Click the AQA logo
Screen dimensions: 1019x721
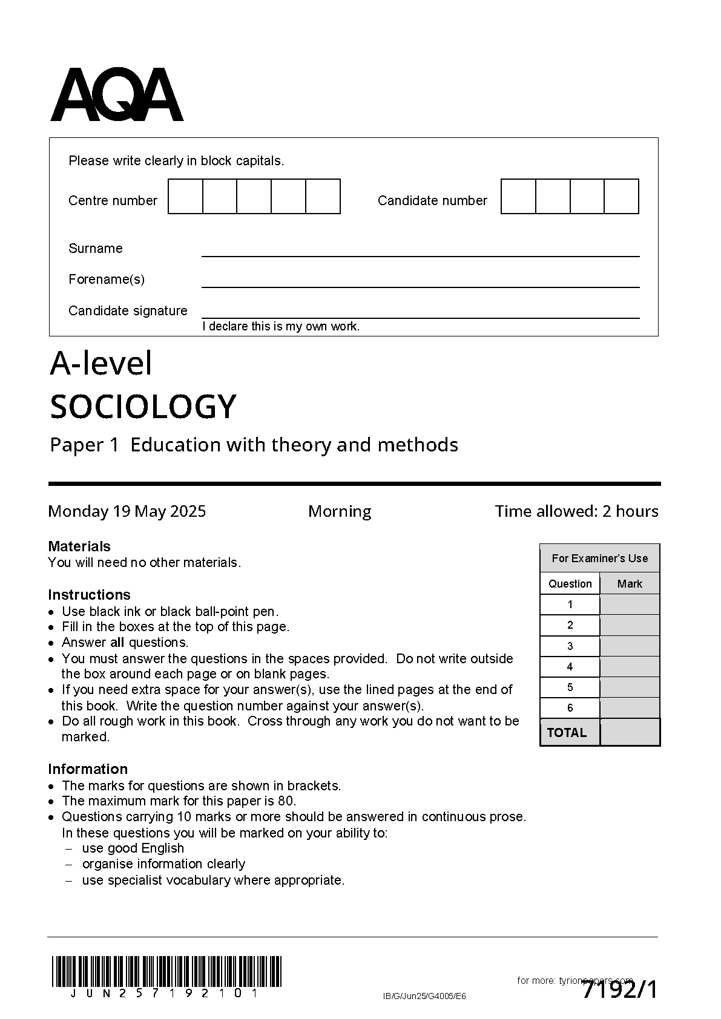click(116, 95)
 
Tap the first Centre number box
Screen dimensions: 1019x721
click(185, 197)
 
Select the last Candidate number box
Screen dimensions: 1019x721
click(621, 197)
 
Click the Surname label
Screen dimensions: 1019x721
click(95, 248)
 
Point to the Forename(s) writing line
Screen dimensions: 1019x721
click(420, 286)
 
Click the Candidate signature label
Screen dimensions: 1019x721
click(128, 310)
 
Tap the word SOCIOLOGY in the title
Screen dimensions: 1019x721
click(143, 406)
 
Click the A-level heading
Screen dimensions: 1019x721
click(100, 364)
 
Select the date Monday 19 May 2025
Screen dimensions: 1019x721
click(127, 511)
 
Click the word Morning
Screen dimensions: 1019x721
click(340, 511)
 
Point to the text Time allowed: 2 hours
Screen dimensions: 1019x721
click(576, 511)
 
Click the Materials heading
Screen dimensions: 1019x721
click(79, 546)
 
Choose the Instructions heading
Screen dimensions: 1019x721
click(89, 594)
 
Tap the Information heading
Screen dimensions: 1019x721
click(88, 768)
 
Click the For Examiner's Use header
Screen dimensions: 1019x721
click(599, 558)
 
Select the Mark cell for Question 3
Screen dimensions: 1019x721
click(630, 646)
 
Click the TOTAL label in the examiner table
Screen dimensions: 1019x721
click(567, 732)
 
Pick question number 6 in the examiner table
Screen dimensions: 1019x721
click(570, 707)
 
